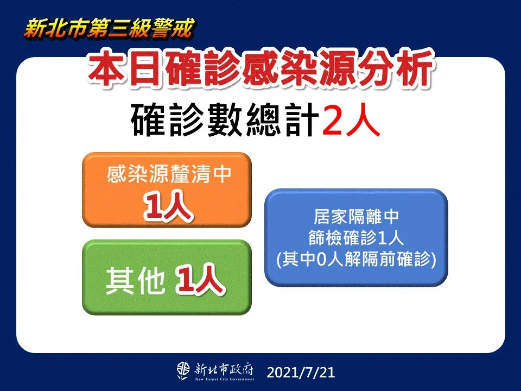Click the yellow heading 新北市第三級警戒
[x=109, y=28]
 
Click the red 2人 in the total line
[x=351, y=120]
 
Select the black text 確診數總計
[x=225, y=120]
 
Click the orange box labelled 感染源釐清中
[x=167, y=190]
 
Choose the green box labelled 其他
[x=167, y=278]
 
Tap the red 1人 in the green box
[x=200, y=280]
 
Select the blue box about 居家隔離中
[x=356, y=237]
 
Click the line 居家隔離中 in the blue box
[x=356, y=217]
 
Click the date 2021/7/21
[x=301, y=373]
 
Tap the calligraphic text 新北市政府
[x=224, y=369]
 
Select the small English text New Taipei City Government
[x=225, y=379]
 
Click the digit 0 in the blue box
[x=320, y=260]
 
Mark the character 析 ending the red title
[x=414, y=70]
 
